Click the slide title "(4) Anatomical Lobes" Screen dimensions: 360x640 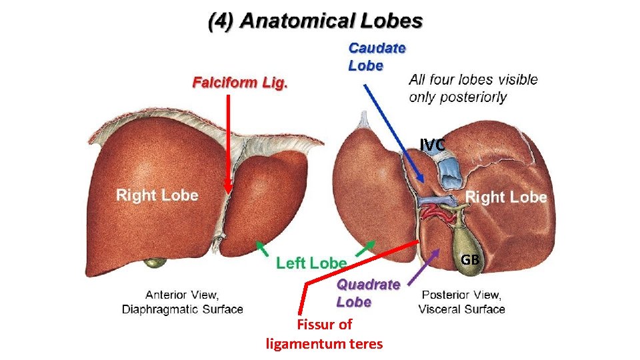(x=315, y=21)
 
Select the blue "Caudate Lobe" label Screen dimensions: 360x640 (x=377, y=57)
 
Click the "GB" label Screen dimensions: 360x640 (x=470, y=259)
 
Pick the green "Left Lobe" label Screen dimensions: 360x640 (x=311, y=263)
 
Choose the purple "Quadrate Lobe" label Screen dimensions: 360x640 (x=368, y=293)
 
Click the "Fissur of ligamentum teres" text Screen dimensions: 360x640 (x=324, y=334)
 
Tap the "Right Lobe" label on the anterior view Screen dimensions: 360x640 (x=157, y=195)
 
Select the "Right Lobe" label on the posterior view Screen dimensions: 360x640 (x=505, y=197)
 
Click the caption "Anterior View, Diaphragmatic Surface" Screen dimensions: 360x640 (x=182, y=302)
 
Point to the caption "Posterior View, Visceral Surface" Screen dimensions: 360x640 (x=461, y=302)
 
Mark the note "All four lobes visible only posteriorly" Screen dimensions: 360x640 (x=473, y=88)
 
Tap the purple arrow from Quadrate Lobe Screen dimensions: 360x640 (x=426, y=263)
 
